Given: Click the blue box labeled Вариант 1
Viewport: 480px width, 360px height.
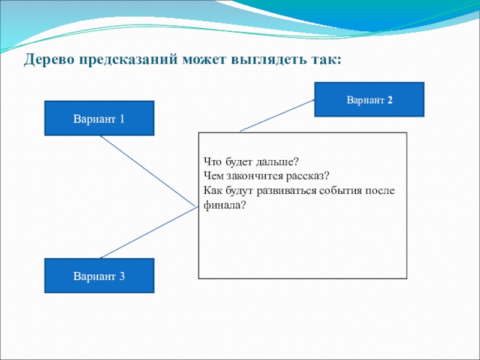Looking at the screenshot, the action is coord(99,118).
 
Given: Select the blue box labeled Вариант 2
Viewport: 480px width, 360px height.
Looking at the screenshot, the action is coord(369,99).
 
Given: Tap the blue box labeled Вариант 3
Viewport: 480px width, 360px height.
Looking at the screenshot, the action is coord(99,276).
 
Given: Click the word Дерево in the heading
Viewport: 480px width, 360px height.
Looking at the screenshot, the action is coord(49,61).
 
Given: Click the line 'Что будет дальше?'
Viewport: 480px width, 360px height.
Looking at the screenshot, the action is coord(250,163).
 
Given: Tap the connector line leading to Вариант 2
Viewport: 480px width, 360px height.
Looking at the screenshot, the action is coord(277,116).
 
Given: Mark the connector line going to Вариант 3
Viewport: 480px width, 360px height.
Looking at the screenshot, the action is coord(148,233).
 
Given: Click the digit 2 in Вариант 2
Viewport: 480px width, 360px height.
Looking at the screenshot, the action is coord(390,100).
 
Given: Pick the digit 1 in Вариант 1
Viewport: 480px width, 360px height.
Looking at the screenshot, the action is coord(122,119).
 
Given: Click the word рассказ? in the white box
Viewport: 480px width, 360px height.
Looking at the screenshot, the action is coord(310,177).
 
